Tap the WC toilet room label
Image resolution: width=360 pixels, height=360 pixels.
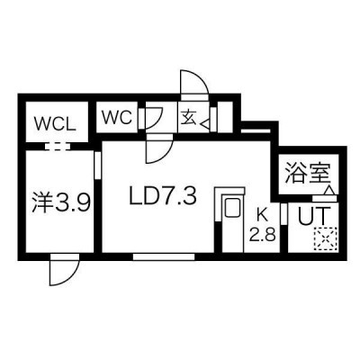pyautogui.click(x=117, y=117)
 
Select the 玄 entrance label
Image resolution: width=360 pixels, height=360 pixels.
pyautogui.click(x=189, y=117)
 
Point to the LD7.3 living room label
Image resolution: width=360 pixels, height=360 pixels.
pyautogui.click(x=163, y=197)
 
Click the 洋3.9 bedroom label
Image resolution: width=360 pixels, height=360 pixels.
pyautogui.click(x=61, y=204)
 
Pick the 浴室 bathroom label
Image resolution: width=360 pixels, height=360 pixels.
pyautogui.click(x=308, y=173)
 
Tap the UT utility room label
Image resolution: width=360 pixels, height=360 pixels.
pyautogui.click(x=314, y=216)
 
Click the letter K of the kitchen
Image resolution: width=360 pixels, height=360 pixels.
pyautogui.click(x=263, y=214)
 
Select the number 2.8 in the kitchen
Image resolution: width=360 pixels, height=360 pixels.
pyautogui.click(x=263, y=234)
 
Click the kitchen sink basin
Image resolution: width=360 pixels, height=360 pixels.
pyautogui.click(x=232, y=207)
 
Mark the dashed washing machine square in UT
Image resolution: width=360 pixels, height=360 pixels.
pyautogui.click(x=325, y=238)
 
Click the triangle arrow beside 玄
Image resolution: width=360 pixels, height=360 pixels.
pyautogui.click(x=205, y=124)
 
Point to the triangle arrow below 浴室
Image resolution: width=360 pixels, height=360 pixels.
pyautogui.click(x=329, y=191)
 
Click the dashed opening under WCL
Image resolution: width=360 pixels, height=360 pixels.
pyautogui.click(x=58, y=147)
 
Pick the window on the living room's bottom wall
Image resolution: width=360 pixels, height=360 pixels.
pyautogui.click(x=164, y=256)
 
